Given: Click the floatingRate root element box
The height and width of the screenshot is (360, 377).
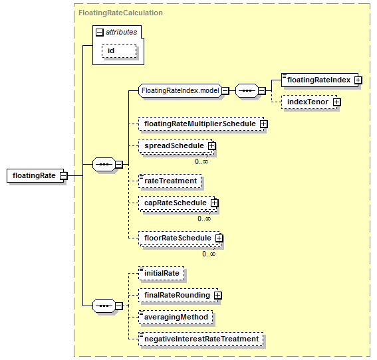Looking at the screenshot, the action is click(x=35, y=175).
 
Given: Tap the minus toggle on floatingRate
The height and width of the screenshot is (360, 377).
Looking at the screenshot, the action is click(x=64, y=175).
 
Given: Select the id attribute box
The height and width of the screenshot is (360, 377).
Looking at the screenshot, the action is click(x=119, y=51).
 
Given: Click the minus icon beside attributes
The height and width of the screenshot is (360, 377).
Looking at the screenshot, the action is click(x=100, y=32).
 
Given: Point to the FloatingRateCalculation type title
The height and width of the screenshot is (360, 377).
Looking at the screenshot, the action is click(x=121, y=13).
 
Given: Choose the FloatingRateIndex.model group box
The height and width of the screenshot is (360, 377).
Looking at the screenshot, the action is click(x=180, y=90).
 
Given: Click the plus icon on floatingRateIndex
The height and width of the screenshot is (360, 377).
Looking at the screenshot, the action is click(x=358, y=80).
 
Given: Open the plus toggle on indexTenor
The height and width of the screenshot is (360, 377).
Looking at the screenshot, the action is click(x=337, y=102).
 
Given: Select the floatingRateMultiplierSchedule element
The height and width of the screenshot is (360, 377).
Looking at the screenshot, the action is click(x=201, y=124).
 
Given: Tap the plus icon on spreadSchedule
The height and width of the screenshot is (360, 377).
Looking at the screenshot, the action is click(x=212, y=145).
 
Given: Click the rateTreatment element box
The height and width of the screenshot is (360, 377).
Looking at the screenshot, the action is click(x=170, y=181).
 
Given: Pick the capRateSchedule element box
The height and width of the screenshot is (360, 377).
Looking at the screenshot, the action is click(x=176, y=203).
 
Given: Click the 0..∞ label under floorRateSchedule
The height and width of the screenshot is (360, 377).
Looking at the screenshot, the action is click(x=209, y=254).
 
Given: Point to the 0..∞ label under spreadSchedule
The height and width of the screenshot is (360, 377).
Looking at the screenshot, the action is click(x=201, y=161).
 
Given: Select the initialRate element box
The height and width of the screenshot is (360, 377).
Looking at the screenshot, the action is click(x=162, y=273).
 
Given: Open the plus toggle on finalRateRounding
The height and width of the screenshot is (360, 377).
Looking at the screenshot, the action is click(x=218, y=295).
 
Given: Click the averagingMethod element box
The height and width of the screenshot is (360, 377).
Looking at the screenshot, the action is click(x=176, y=317).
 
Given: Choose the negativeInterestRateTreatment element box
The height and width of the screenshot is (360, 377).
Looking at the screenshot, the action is click(x=201, y=339).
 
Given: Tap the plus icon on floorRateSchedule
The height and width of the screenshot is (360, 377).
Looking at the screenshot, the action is click(x=219, y=238).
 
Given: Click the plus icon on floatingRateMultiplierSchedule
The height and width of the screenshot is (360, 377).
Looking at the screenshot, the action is click(x=264, y=124).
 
